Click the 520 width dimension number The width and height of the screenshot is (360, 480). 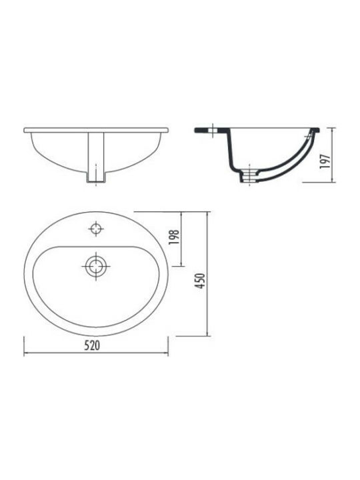point(92,345)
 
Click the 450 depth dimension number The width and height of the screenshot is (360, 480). point(200,281)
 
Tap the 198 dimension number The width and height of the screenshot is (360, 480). point(174,237)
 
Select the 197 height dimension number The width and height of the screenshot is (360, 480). point(325,161)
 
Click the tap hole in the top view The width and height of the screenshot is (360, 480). point(96,229)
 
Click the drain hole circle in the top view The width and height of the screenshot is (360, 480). point(96,266)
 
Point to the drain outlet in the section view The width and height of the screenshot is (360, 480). point(249,177)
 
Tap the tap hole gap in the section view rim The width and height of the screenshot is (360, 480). point(213,130)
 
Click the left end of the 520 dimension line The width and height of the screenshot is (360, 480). point(24,353)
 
